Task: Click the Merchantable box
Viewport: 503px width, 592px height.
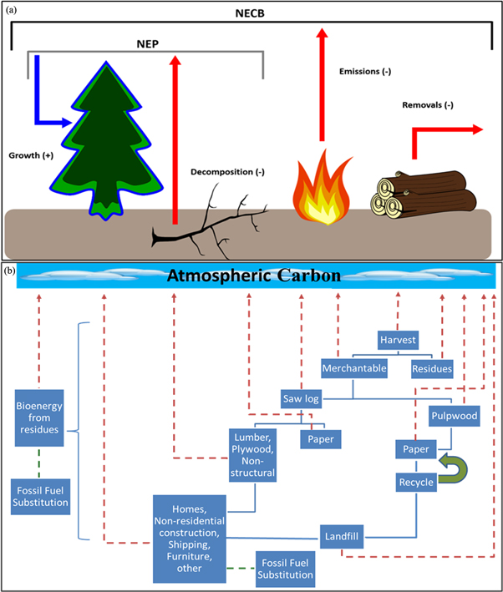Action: tap(354, 367)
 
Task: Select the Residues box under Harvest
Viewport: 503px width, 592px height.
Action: tap(432, 367)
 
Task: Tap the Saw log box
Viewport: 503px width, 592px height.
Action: tap(301, 399)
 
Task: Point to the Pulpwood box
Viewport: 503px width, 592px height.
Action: tap(453, 414)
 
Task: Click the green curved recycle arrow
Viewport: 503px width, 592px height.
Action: tap(455, 468)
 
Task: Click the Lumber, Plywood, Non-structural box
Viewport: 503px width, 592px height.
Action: tap(251, 456)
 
